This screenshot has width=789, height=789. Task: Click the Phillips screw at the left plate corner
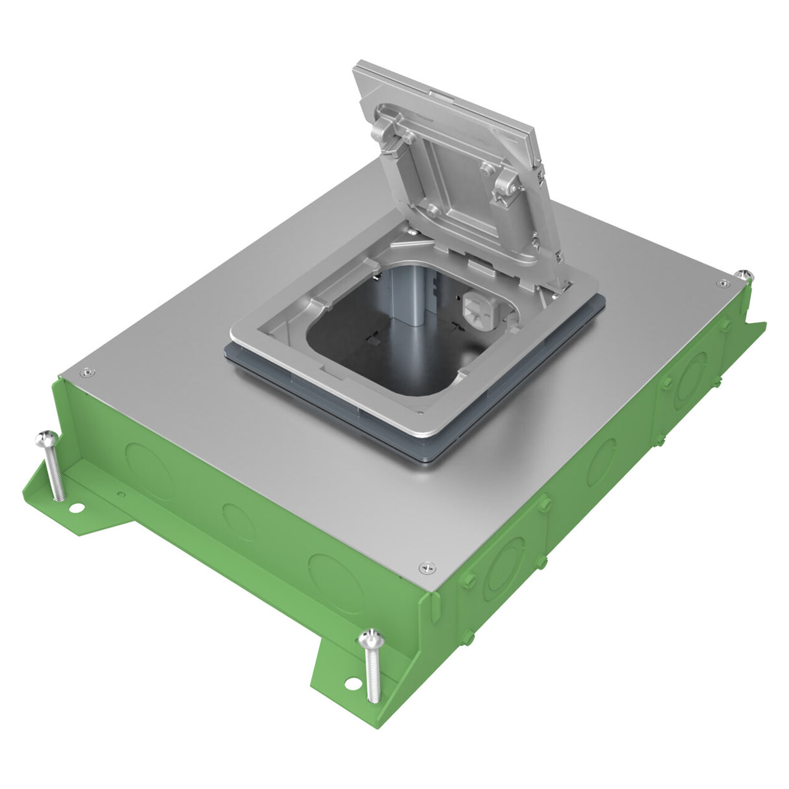[x=85, y=372]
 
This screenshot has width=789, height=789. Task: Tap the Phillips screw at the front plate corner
[x=426, y=567]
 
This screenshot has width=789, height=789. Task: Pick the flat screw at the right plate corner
[x=722, y=283]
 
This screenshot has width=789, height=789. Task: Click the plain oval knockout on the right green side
[x=601, y=461]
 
